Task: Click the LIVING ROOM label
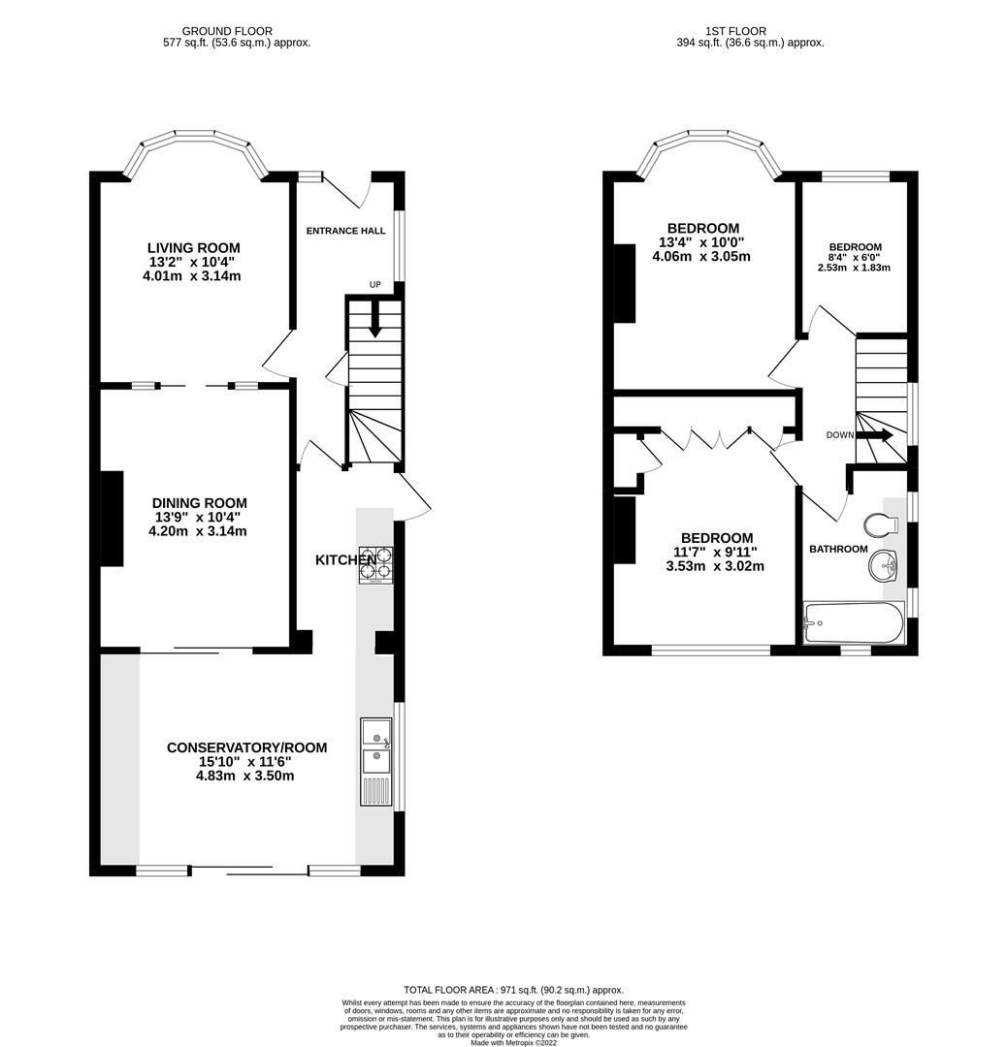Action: pyautogui.click(x=194, y=248)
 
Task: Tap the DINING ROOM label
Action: pyautogui.click(x=199, y=503)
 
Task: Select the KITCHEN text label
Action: pyautogui.click(x=345, y=560)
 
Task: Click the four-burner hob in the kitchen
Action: pyautogui.click(x=377, y=565)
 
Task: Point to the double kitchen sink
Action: pyautogui.click(x=375, y=761)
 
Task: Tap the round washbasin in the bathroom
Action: pyautogui.click(x=885, y=563)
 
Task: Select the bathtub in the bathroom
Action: pyautogui.click(x=853, y=622)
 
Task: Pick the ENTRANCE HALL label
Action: pyautogui.click(x=345, y=231)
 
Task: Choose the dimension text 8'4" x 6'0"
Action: pyautogui.click(x=854, y=258)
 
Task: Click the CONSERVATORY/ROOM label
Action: pyautogui.click(x=246, y=747)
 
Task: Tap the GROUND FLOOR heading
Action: pyautogui.click(x=227, y=31)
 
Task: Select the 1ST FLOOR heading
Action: pyautogui.click(x=750, y=31)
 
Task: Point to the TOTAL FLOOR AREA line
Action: pyautogui.click(x=513, y=989)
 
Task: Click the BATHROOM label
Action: pyautogui.click(x=838, y=549)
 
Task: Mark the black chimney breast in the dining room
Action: pyautogui.click(x=112, y=519)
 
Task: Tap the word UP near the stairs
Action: pyautogui.click(x=374, y=285)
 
